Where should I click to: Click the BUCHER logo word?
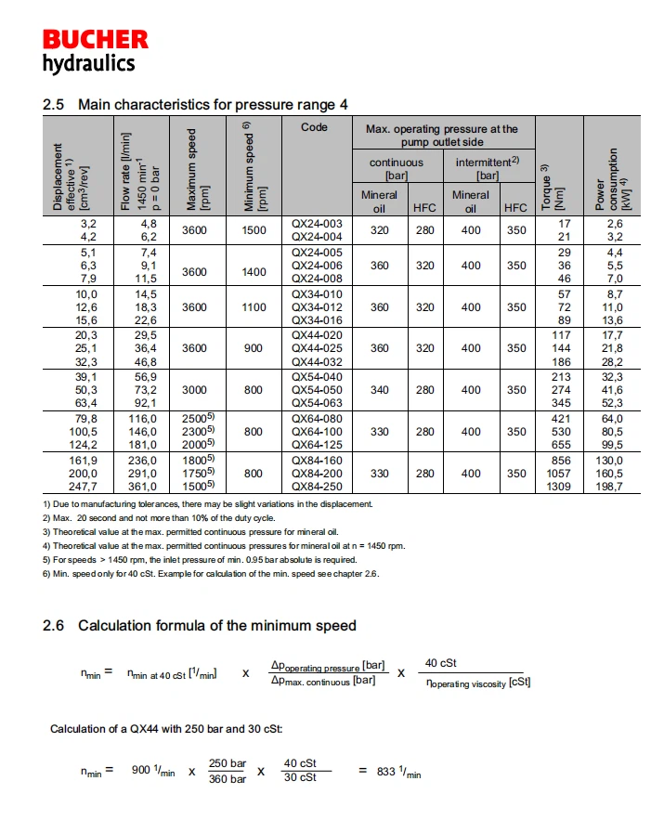pos(95,40)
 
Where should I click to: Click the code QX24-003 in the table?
pos(317,224)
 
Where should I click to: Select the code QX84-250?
pos(317,485)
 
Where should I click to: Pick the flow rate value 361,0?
pos(142,485)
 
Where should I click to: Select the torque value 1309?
pos(558,485)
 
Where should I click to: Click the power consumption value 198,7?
pos(608,485)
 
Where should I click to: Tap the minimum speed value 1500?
pos(254,230)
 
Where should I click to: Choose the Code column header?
pos(314,127)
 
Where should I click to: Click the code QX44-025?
pos(317,347)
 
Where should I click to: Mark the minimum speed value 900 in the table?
pos(254,348)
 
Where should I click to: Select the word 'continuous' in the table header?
pos(397,162)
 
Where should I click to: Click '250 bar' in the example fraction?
pos(228,763)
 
